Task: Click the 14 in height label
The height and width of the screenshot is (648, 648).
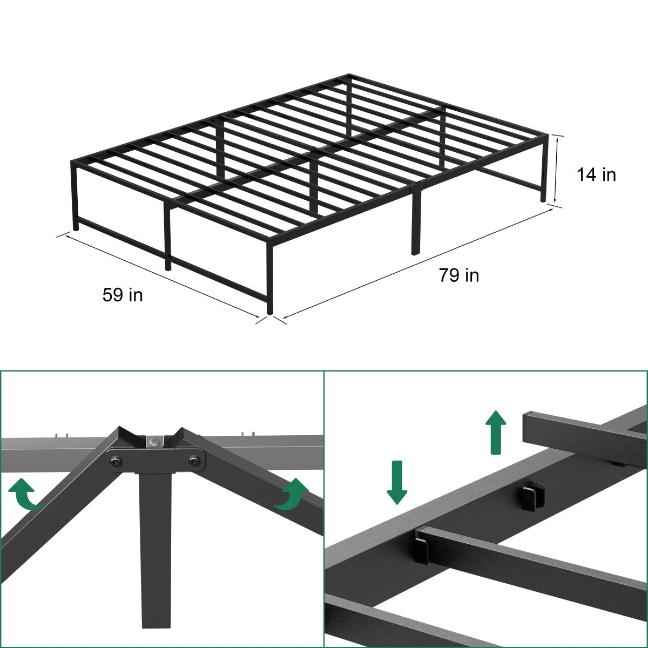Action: pyautogui.click(x=596, y=174)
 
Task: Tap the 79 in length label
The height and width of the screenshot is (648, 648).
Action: pyautogui.click(x=458, y=275)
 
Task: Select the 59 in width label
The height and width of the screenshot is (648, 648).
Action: pyautogui.click(x=123, y=295)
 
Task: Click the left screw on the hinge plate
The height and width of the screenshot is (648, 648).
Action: pyautogui.click(x=116, y=461)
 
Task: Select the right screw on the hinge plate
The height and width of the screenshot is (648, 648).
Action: pyautogui.click(x=194, y=460)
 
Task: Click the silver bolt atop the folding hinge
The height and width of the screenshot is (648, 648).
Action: pyautogui.click(x=155, y=441)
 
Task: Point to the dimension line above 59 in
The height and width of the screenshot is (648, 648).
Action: pyautogui.click(x=162, y=275)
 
